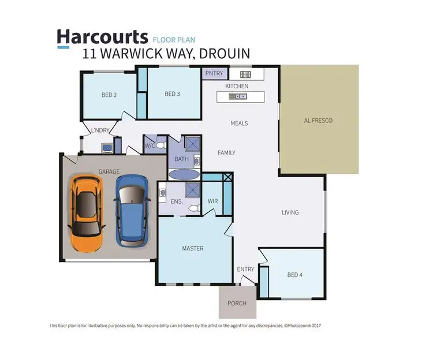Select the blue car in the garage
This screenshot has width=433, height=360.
[x=132, y=211]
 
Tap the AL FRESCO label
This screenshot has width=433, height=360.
[x=318, y=121]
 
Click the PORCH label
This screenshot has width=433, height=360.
[x=237, y=303]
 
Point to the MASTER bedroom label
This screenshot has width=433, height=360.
[x=192, y=249]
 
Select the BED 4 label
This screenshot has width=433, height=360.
[x=294, y=275]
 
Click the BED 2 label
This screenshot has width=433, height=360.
[x=110, y=95]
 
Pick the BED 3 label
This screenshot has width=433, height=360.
[x=173, y=94]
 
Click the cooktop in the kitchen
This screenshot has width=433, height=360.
[x=245, y=74]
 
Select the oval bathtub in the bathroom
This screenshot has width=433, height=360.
[x=184, y=174]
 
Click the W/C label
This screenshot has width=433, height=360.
[x=150, y=145]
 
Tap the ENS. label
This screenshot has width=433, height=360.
[x=177, y=201]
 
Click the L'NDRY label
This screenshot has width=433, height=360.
[x=98, y=130]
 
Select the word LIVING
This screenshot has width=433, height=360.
[x=290, y=212]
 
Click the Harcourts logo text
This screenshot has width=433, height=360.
[x=102, y=37]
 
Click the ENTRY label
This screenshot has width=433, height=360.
[x=245, y=269]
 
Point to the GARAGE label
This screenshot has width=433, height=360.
[x=109, y=172]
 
